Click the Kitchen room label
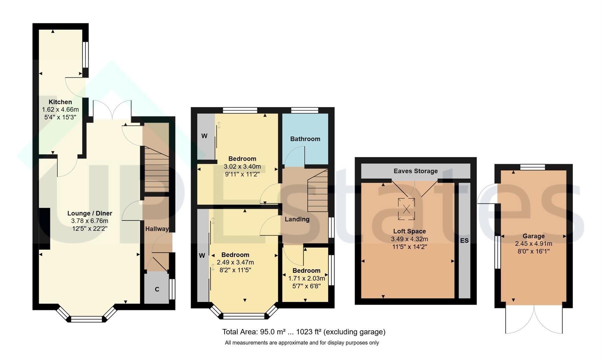(60, 102)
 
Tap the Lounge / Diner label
(90, 213)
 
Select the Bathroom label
(305, 139)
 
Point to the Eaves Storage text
(416, 171)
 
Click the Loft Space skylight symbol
(406, 209)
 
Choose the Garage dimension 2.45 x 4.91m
(533, 244)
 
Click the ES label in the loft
(464, 240)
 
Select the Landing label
(297, 219)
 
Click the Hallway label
(157, 229)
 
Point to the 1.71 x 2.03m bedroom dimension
(306, 278)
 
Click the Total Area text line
(304, 332)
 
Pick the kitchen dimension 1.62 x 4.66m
(60, 110)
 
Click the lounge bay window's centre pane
(87, 319)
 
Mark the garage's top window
(533, 167)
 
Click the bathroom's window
(304, 110)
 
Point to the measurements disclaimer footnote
(302, 343)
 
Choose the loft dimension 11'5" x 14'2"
(409, 247)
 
